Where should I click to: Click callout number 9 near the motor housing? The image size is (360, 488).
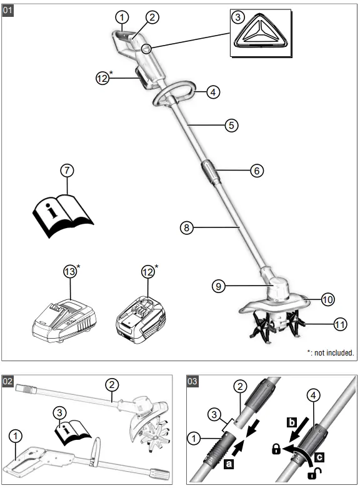pyautogui.click(x=218, y=286)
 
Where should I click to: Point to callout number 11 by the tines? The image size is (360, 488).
pyautogui.click(x=340, y=324)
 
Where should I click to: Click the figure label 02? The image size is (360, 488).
pyautogui.click(x=9, y=380)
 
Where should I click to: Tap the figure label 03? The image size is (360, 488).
pyautogui.click(x=194, y=380)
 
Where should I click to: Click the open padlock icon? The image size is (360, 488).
pyautogui.click(x=311, y=474)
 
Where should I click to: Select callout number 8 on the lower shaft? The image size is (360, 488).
pyautogui.click(x=186, y=227)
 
